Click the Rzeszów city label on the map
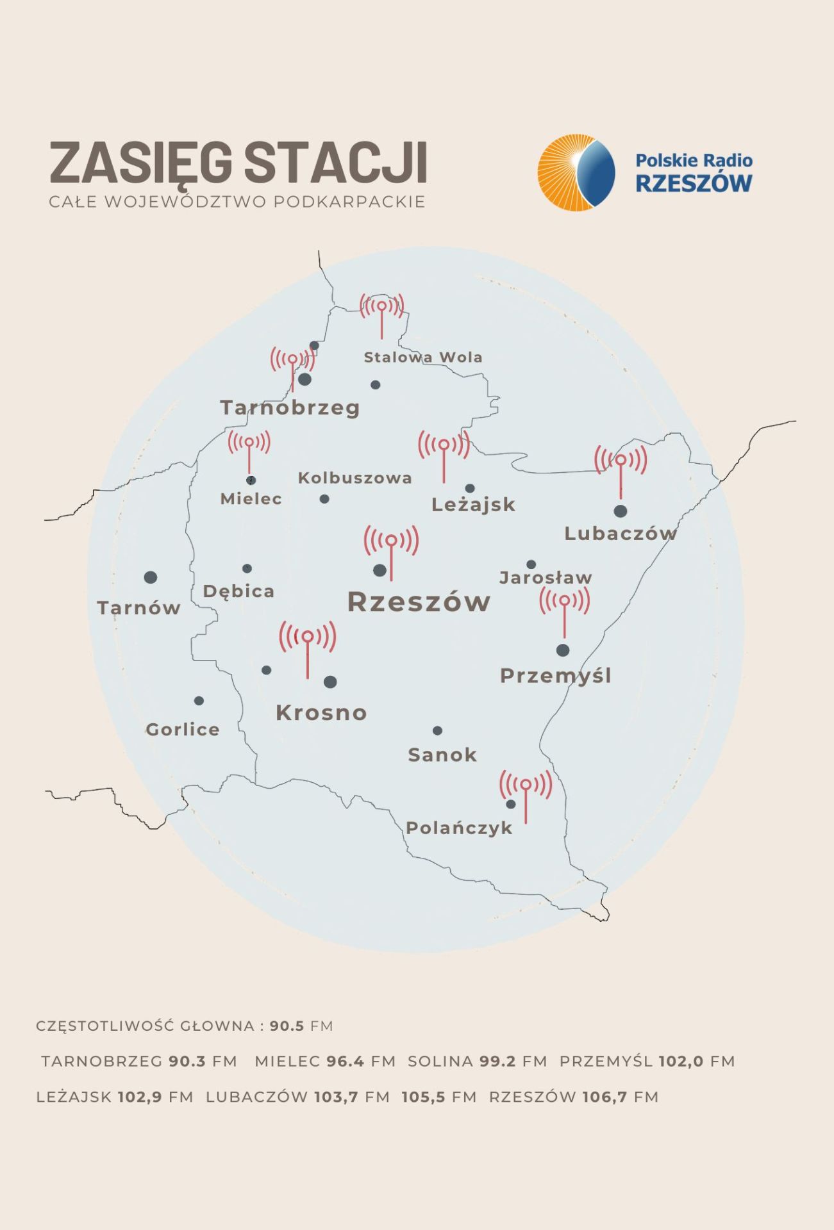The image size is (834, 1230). [419, 602]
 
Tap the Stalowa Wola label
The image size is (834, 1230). [423, 357]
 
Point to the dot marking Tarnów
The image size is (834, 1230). [151, 577]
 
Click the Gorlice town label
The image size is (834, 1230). [183, 730]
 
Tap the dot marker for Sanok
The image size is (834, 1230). [437, 730]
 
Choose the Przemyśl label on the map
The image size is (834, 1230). [555, 676]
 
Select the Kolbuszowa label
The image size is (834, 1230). [354, 478]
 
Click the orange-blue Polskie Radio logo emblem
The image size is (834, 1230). [576, 172]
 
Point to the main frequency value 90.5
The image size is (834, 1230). [287, 1026]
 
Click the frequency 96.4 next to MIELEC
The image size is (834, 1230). [345, 1061]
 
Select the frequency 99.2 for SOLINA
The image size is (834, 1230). [497, 1061]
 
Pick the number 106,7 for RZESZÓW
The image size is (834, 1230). [605, 1097]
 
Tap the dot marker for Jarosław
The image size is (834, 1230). [531, 564]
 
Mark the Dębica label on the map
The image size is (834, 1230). [238, 591]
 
